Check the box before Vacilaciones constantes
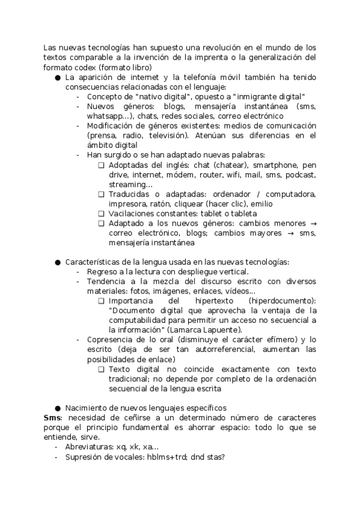click(x=101, y=213)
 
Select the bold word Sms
click(x=51, y=417)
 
